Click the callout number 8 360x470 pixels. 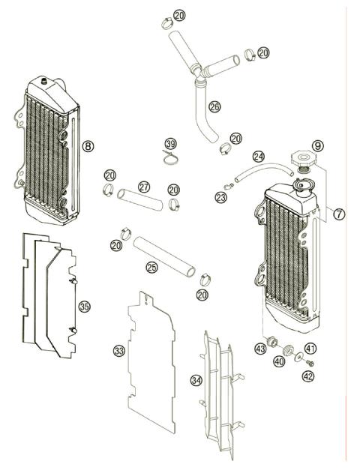[x=88, y=147]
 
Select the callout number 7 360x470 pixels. [x=339, y=214]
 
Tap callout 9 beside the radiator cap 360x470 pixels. [x=318, y=145]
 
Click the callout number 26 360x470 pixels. [x=214, y=107]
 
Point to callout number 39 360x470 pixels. [x=171, y=144]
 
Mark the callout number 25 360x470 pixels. [x=151, y=266]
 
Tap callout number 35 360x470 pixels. [x=84, y=307]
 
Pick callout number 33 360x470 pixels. [x=118, y=350]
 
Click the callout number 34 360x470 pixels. [x=196, y=380]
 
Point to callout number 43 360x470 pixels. [x=260, y=348]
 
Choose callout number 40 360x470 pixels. [x=280, y=362]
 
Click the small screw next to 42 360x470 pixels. [x=310, y=363]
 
